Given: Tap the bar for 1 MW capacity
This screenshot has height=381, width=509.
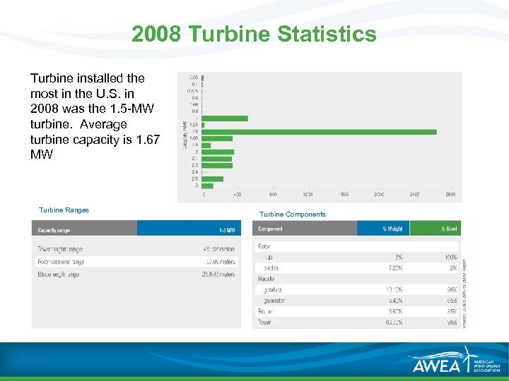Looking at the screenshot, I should (x=226, y=118).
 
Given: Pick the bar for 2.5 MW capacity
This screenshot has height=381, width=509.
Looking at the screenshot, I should (x=213, y=179).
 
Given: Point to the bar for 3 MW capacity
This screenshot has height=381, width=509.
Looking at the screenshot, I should (x=207, y=186).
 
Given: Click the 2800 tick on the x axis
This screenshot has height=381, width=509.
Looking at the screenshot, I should (x=450, y=194).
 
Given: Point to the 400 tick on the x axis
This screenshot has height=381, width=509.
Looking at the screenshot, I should (x=238, y=194).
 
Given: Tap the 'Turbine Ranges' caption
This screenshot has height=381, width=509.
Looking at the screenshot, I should (x=64, y=210).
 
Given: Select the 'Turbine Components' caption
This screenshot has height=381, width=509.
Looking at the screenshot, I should (x=292, y=214).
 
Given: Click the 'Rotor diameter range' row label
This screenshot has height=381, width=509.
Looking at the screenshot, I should (x=62, y=262).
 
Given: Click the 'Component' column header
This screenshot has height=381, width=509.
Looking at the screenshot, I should (x=271, y=229).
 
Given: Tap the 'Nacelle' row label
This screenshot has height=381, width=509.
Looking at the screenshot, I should (x=267, y=279).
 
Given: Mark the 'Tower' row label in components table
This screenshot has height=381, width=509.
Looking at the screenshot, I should (x=264, y=322).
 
